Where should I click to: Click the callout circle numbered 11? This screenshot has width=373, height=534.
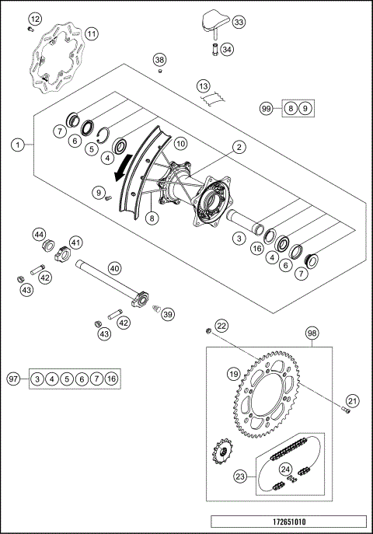point(92,33)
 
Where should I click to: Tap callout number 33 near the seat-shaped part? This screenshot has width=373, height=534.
point(238,23)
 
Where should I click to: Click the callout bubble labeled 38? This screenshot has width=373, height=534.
point(159,60)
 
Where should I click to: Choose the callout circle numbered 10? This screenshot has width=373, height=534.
point(180,144)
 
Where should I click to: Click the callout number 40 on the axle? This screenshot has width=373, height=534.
point(114,267)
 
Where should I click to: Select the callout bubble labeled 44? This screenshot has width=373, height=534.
point(38,234)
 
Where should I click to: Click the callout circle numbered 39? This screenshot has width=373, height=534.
point(167,314)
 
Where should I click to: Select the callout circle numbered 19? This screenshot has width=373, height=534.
point(232,374)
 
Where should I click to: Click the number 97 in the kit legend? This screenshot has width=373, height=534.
point(13,379)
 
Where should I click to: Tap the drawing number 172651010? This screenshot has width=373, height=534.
point(288,522)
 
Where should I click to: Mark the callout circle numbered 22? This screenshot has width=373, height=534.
point(221,326)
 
